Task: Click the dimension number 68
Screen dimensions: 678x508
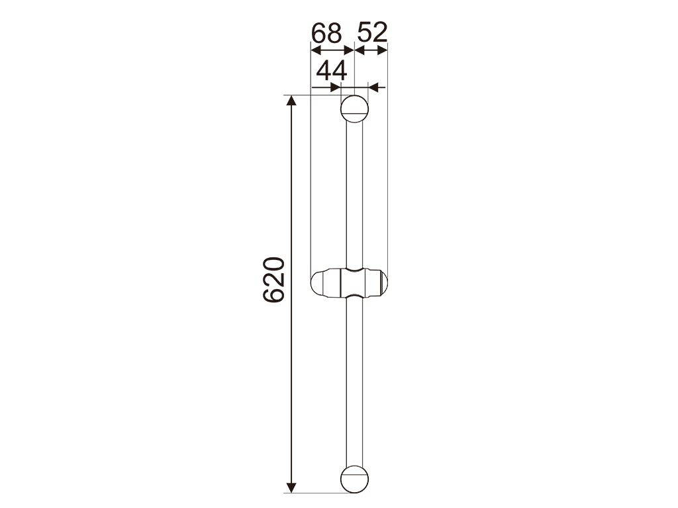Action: (326, 33)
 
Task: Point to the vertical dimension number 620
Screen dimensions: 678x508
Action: (274, 280)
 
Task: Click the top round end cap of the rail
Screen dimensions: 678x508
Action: (355, 109)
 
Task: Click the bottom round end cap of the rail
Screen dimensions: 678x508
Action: (355, 480)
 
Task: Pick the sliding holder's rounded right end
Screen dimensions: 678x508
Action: (377, 283)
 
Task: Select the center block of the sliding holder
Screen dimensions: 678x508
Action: (354, 283)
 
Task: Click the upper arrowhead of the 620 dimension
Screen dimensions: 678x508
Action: (292, 101)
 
